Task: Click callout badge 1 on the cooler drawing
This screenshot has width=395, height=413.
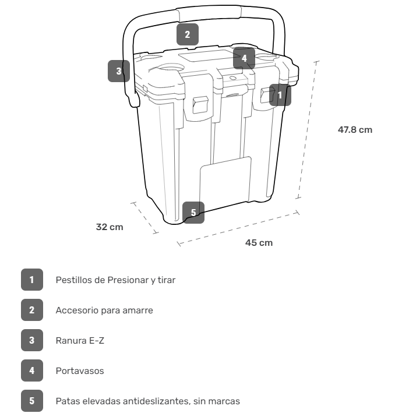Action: [x=280, y=94]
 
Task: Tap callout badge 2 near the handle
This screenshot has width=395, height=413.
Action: [x=187, y=34]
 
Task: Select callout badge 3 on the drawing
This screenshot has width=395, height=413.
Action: [x=119, y=71]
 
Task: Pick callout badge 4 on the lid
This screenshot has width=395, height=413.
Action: [x=245, y=58]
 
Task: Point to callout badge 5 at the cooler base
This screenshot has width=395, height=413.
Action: [x=193, y=212]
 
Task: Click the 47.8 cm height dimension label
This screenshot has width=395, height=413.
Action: [x=355, y=130]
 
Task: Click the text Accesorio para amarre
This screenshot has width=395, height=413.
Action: [x=104, y=310]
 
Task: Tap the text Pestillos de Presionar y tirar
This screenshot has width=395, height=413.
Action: [x=115, y=280]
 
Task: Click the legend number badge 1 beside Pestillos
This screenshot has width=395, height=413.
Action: [x=32, y=280]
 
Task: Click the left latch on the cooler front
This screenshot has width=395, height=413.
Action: [x=199, y=104]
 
